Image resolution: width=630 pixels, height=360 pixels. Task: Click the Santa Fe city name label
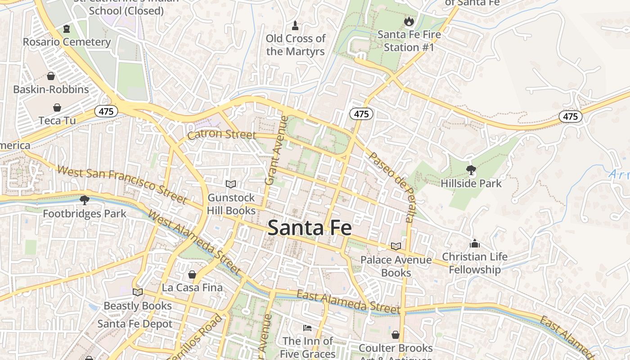click(310, 228)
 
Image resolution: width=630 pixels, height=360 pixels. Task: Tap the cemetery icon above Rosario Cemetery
click(67, 29)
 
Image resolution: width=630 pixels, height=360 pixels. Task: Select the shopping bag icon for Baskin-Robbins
click(51, 76)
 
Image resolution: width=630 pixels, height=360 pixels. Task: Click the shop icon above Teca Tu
click(57, 108)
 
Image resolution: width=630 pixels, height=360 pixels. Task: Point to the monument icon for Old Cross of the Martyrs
click(295, 25)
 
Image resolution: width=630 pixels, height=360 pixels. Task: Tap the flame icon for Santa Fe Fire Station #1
click(409, 21)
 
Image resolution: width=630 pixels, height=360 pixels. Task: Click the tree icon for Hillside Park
click(471, 170)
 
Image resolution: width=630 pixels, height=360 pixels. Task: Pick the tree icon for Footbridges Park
click(84, 200)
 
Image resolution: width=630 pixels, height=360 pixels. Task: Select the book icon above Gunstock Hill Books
click(231, 184)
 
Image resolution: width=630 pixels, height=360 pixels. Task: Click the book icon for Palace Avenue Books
click(396, 246)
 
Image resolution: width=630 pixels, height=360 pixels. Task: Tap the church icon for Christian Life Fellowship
click(474, 244)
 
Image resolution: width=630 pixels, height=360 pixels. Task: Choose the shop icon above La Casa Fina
click(192, 274)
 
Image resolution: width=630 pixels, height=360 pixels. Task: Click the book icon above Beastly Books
click(138, 292)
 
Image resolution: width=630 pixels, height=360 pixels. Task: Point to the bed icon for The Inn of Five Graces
click(307, 328)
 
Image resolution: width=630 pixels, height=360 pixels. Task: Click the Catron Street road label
click(221, 135)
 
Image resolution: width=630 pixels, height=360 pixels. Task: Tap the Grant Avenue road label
click(276, 151)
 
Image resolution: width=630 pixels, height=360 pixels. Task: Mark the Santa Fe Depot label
click(135, 324)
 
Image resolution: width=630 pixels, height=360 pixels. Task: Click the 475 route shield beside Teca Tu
click(106, 111)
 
